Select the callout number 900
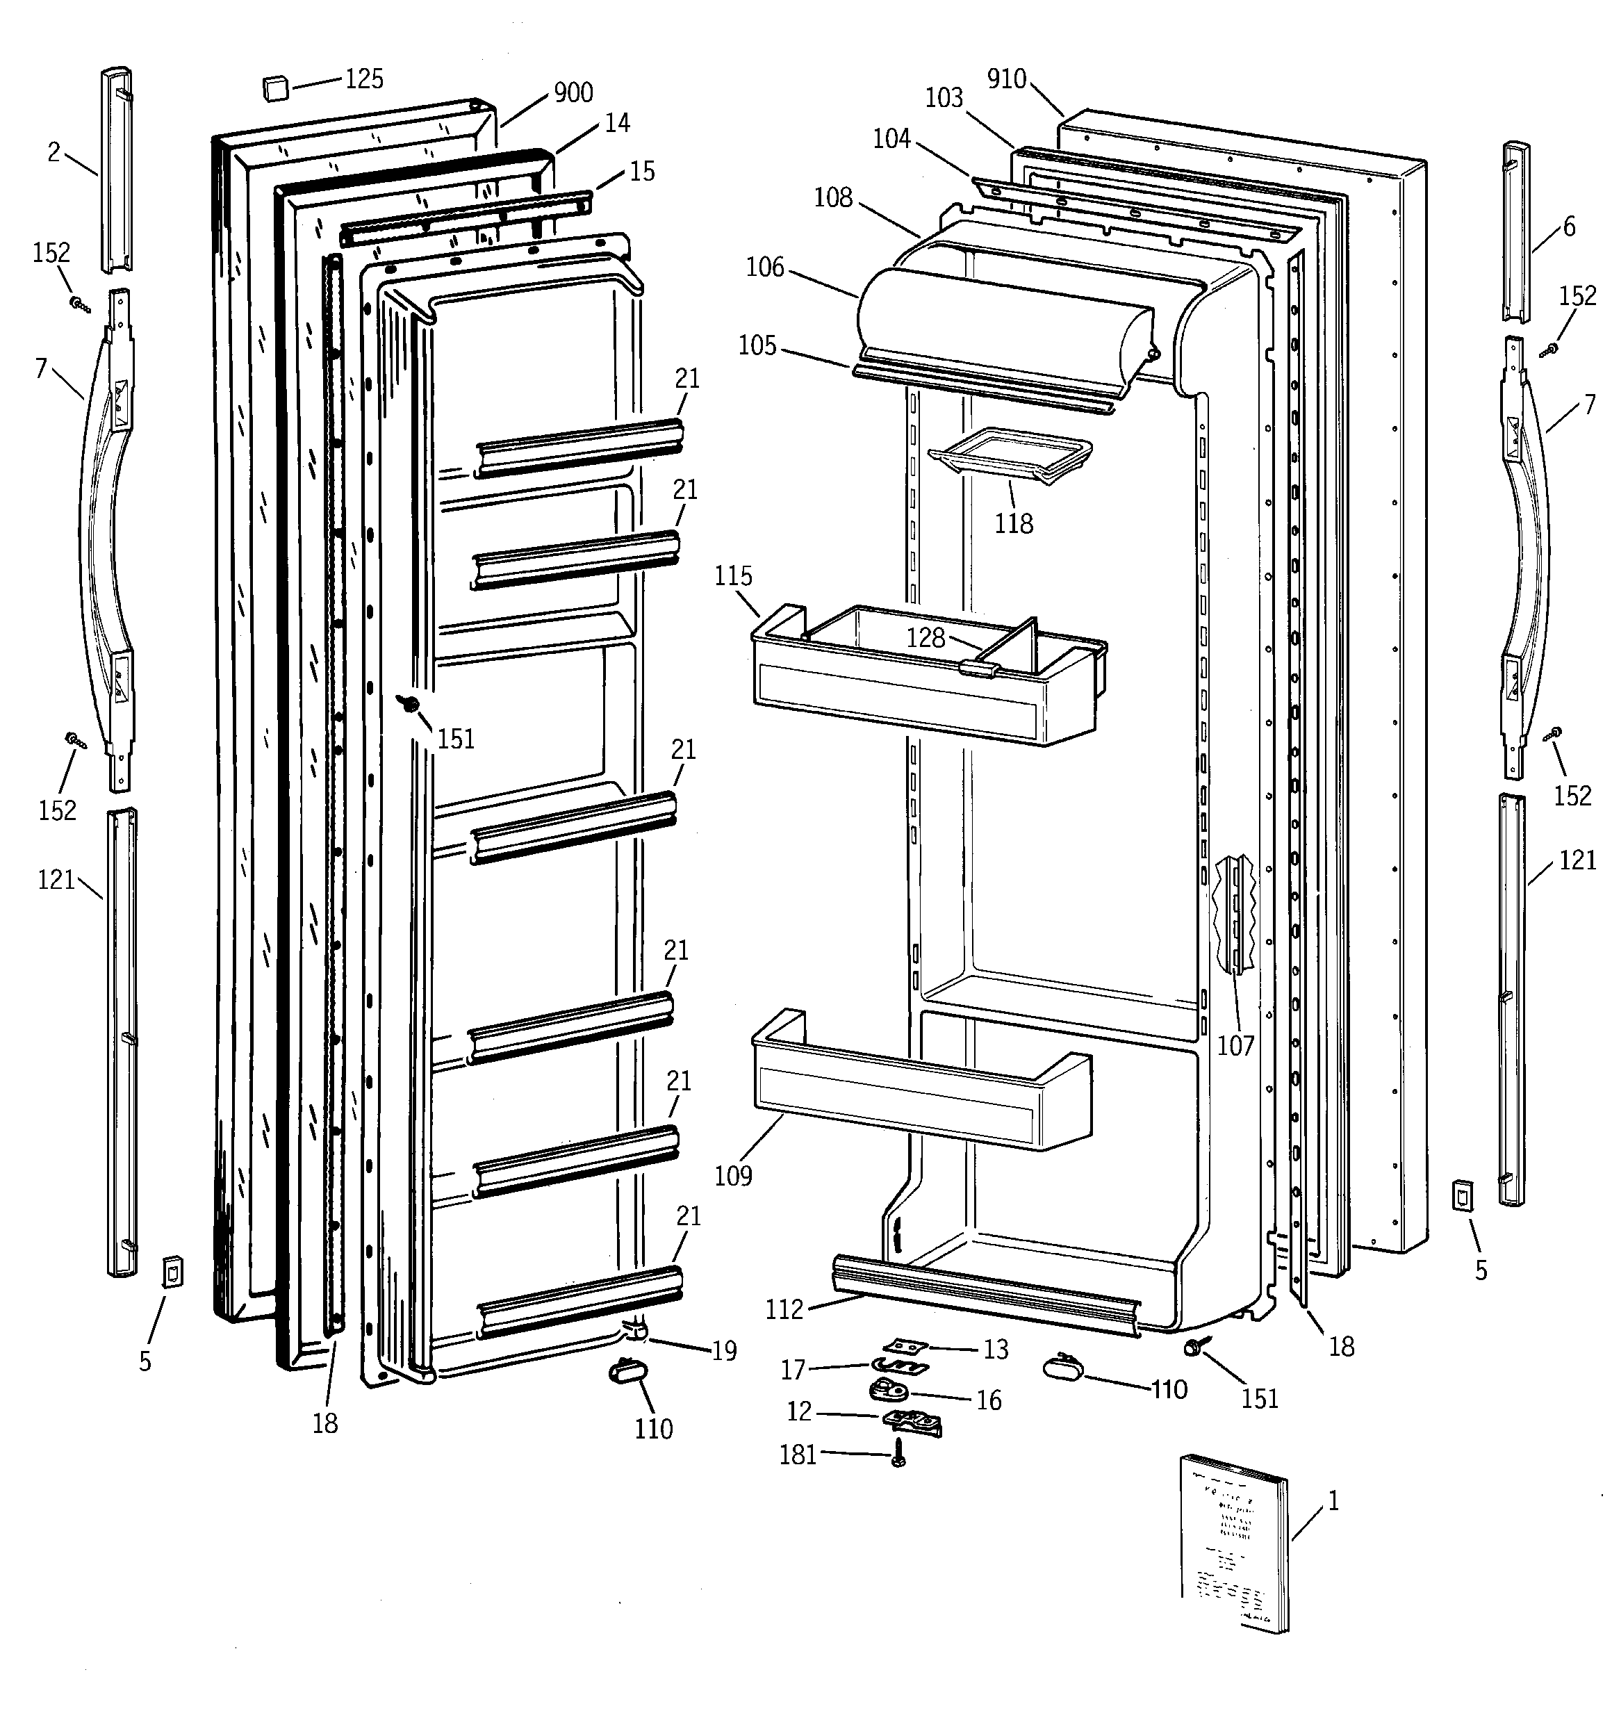[x=573, y=92]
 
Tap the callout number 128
[x=925, y=638]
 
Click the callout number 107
[x=1235, y=1046]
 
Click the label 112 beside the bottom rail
[x=784, y=1310]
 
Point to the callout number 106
[x=765, y=268]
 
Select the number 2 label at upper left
[x=54, y=153]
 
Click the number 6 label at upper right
[x=1569, y=227]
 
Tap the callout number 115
[x=733, y=576]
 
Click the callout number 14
[x=617, y=124]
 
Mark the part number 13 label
[x=996, y=1350]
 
